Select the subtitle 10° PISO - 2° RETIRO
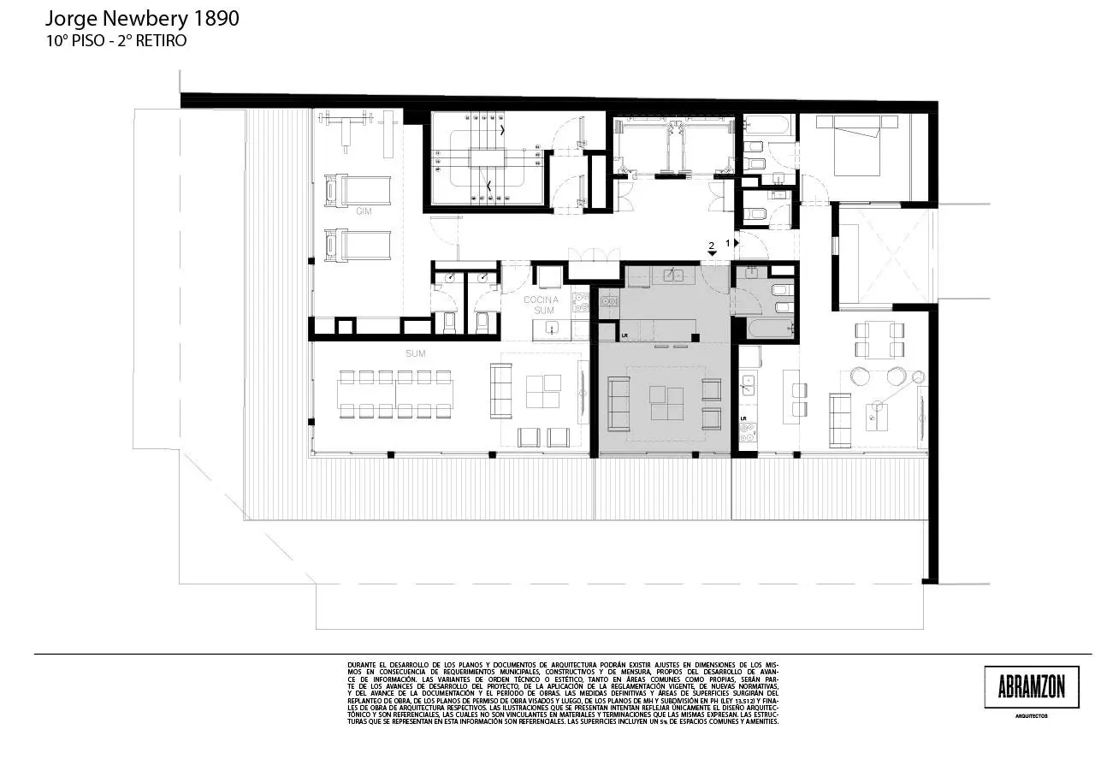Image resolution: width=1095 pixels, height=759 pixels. (x=116, y=40)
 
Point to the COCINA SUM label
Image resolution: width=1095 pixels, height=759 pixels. (x=541, y=305)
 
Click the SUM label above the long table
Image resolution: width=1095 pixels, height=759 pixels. (x=417, y=353)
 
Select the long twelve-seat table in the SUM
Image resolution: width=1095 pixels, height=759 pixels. (x=394, y=394)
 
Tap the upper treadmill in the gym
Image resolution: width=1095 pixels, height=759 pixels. (x=357, y=189)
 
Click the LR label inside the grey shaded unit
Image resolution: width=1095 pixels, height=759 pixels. (x=626, y=335)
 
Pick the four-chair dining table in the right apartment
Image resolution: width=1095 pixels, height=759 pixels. (x=879, y=340)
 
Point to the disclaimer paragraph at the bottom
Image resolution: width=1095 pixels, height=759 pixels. (x=563, y=693)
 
